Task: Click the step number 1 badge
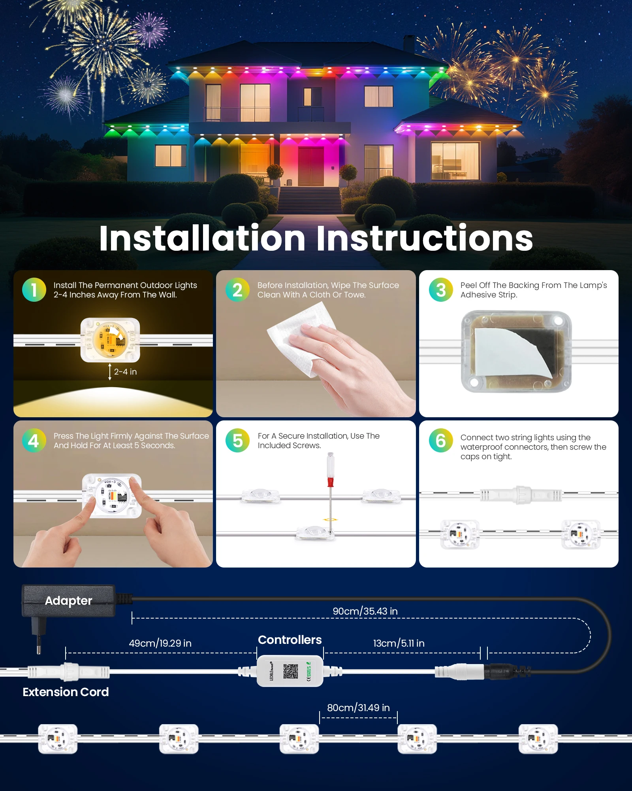click(34, 290)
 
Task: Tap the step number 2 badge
click(237, 290)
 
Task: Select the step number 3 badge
click(441, 290)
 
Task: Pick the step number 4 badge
click(34, 441)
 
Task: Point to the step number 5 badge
click(237, 441)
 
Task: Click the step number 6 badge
click(441, 441)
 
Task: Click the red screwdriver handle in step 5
click(331, 482)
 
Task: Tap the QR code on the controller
click(290, 671)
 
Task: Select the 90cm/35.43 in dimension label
click(365, 611)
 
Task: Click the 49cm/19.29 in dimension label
click(160, 643)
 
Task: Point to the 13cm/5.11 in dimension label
click(399, 643)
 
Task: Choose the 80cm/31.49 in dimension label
click(358, 708)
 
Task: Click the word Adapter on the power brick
click(68, 600)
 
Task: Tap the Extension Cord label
click(66, 692)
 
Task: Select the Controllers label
click(290, 640)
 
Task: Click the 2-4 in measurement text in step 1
click(125, 372)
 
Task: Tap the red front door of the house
click(311, 166)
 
